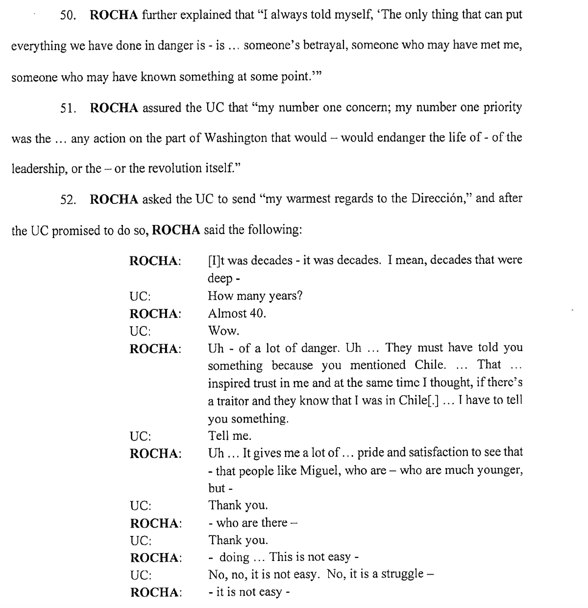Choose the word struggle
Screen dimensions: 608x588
pos(401,575)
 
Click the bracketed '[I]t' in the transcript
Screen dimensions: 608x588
pos(217,260)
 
